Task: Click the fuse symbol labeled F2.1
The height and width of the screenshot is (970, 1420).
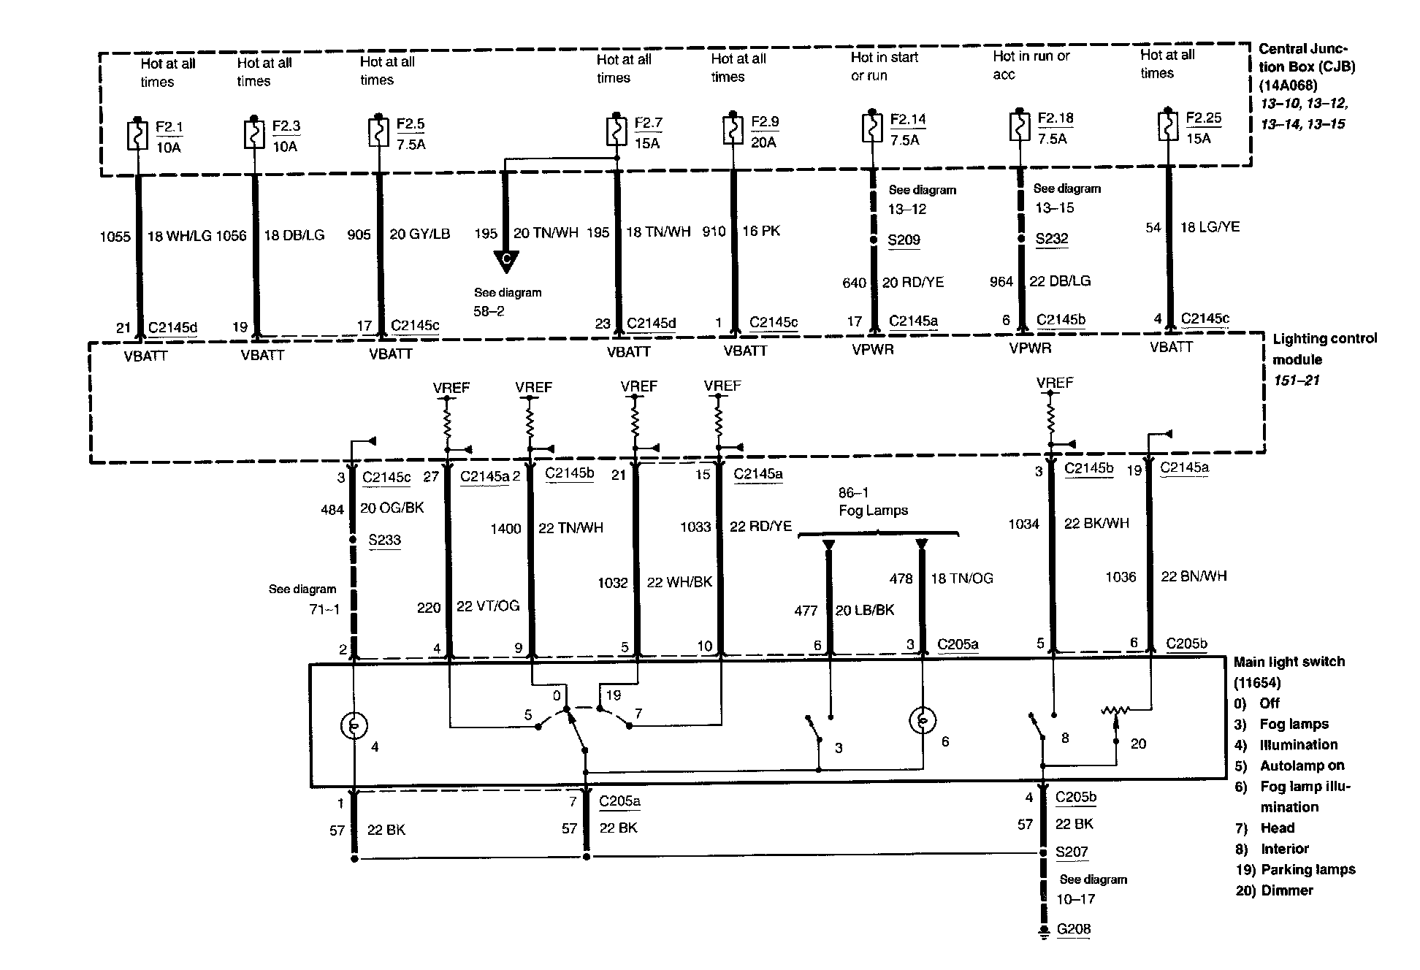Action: pos(137,134)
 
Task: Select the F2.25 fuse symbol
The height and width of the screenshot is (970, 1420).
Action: pos(1167,126)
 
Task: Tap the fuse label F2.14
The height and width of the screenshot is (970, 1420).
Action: pos(908,119)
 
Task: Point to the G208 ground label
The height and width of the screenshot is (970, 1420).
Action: pos(1073,929)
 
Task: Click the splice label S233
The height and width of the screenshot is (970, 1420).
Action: pos(384,540)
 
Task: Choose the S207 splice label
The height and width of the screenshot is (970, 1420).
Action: pos(1072,852)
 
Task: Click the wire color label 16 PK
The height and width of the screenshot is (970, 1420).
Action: pos(761,232)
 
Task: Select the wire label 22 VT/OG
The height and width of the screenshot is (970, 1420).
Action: pos(488,606)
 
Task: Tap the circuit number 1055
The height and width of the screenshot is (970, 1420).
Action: pos(115,236)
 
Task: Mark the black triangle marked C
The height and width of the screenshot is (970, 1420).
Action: pos(505,260)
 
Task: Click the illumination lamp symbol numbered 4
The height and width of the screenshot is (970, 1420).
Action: pos(354,725)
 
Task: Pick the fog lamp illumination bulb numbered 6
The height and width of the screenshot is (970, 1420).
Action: pos(923,722)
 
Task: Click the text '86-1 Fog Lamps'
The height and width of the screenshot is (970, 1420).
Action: pos(873,502)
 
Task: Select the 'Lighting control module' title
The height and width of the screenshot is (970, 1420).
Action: pos(1324,348)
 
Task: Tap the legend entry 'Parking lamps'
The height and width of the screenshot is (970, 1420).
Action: pos(1308,869)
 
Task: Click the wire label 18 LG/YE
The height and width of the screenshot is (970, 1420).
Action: pos(1210,227)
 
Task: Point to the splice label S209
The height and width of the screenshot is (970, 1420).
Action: pos(904,240)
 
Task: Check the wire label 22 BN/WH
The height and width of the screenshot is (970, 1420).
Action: pos(1194,576)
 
